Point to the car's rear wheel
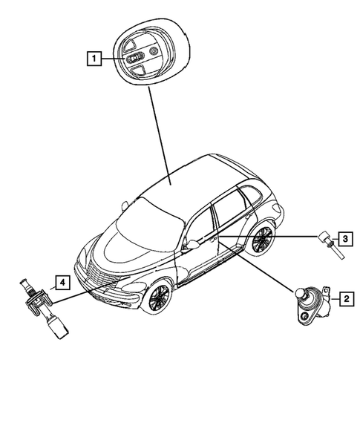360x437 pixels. [261, 240]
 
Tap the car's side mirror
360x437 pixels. [192, 244]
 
